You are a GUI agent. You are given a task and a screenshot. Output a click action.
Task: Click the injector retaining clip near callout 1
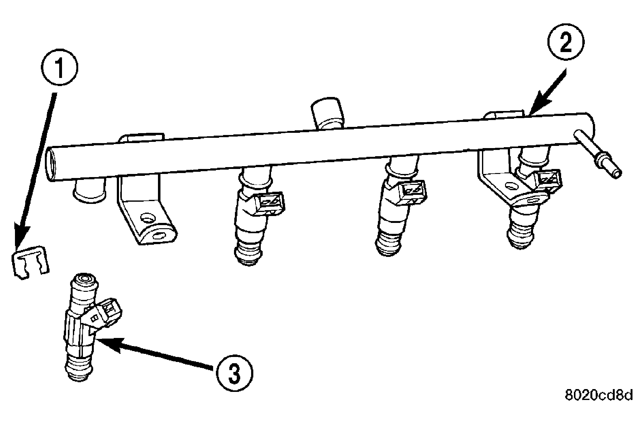(31, 261)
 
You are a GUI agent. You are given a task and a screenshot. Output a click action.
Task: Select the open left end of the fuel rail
(51, 165)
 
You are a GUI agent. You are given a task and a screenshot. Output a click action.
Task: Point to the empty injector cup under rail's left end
(89, 192)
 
